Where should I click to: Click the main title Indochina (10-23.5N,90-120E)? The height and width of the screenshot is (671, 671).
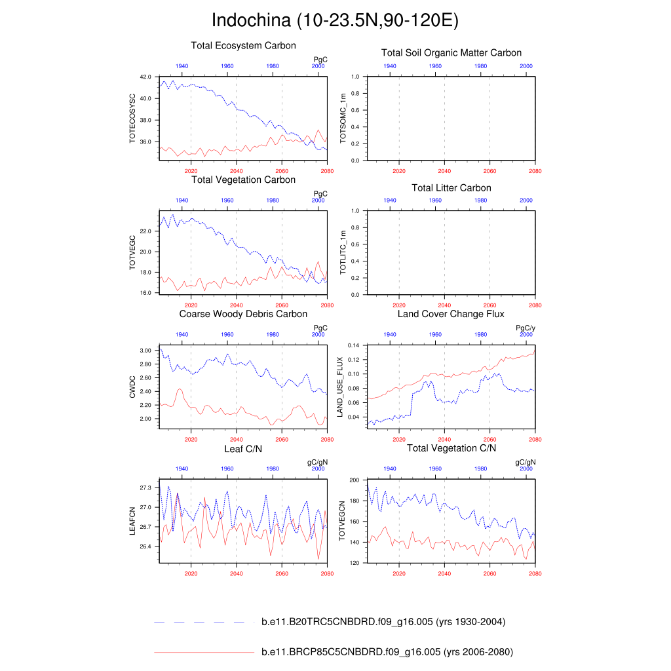point(335,20)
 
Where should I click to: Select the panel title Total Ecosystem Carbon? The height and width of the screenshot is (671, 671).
point(243,46)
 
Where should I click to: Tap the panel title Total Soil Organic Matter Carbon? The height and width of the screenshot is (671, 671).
point(451,52)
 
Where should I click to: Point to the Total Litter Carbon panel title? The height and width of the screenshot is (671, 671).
point(451,188)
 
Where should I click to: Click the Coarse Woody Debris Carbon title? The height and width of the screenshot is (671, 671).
point(243,314)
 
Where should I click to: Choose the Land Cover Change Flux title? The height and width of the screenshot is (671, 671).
point(451,314)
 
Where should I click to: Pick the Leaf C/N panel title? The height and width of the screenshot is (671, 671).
point(243,448)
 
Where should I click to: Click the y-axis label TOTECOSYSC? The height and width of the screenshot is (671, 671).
point(132,119)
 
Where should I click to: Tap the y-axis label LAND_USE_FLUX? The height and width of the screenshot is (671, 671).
point(340,387)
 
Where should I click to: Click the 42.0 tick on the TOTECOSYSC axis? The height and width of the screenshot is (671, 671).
point(145,77)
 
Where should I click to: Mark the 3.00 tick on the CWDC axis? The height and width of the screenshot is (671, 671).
point(145,351)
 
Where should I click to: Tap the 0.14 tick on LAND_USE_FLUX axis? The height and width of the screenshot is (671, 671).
point(353,345)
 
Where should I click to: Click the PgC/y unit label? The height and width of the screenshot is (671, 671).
point(526,328)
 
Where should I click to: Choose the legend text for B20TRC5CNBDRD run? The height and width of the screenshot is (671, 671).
point(383,622)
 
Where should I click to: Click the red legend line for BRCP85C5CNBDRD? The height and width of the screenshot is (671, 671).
point(203,652)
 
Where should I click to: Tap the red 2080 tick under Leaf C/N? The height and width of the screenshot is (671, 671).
point(328,573)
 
